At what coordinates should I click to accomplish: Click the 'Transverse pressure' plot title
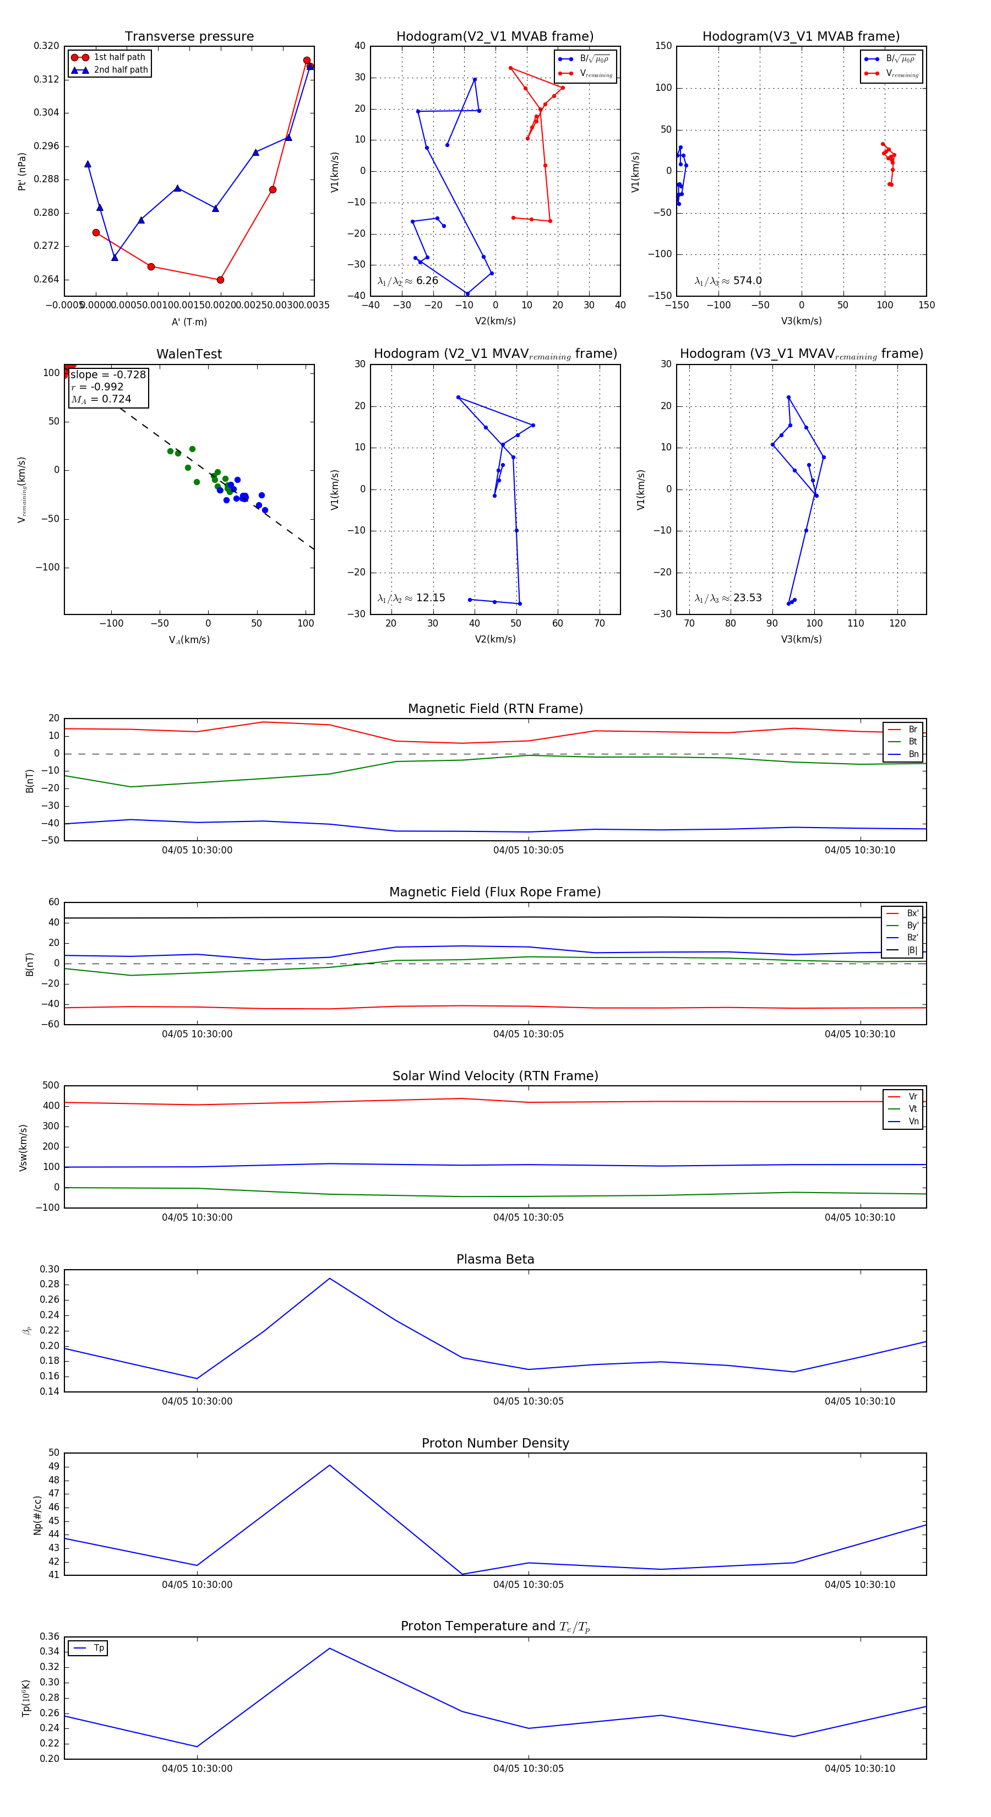[189, 37]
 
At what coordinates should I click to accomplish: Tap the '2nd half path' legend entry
[121, 70]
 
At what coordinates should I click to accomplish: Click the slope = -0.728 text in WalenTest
[108, 374]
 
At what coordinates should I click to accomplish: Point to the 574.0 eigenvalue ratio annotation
[747, 281]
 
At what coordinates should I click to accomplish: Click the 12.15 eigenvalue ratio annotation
[430, 598]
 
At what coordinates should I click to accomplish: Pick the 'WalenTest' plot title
[189, 354]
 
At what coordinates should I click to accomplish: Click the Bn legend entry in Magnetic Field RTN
[913, 754]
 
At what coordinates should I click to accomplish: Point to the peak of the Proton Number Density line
[329, 1465]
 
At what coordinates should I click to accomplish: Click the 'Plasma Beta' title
[495, 1260]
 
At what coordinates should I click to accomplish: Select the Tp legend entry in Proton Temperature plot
[99, 1648]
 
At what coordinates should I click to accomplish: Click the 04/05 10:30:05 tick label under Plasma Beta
[529, 1401]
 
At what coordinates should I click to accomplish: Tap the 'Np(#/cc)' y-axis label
[37, 1515]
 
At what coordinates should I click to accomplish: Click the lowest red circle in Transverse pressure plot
[220, 280]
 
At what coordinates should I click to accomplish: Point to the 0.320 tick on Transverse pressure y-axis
[47, 46]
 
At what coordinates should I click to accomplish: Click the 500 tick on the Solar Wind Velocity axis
[51, 1086]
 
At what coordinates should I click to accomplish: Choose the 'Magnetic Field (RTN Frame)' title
[495, 709]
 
